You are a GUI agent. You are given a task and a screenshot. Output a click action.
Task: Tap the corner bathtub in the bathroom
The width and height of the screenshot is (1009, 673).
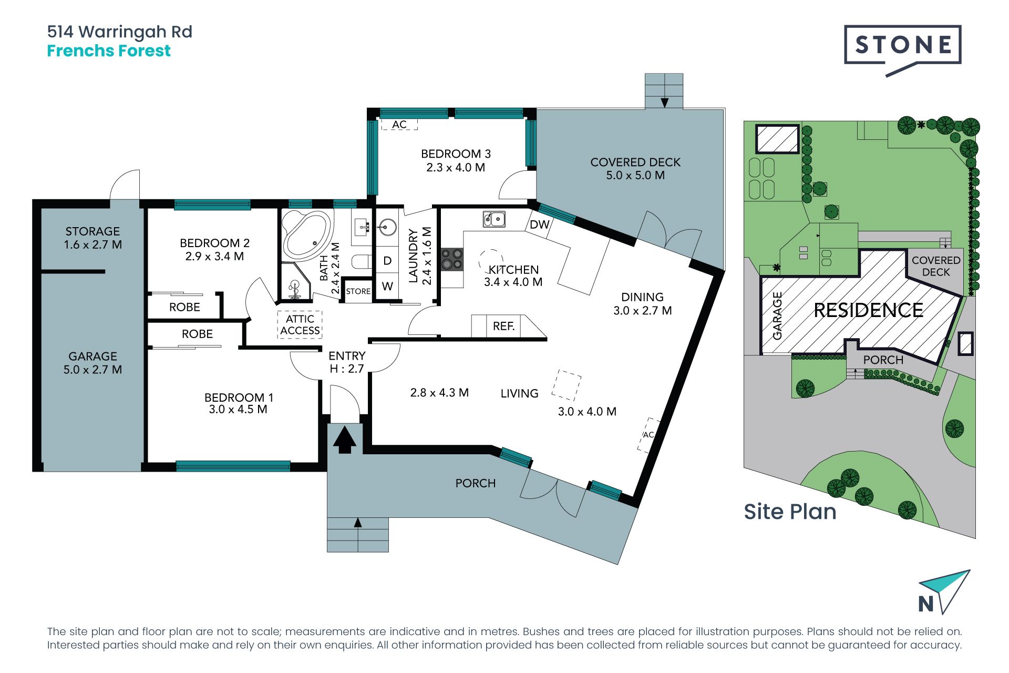(x=307, y=236)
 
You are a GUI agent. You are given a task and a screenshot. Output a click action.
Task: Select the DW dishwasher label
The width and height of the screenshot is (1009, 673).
(x=539, y=225)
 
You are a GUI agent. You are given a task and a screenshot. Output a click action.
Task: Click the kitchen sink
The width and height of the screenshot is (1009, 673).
(x=494, y=219)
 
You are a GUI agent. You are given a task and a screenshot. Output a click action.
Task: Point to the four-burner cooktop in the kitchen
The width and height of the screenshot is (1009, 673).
(x=451, y=259)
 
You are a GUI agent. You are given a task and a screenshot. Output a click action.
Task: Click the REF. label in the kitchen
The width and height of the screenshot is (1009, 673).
(x=503, y=326)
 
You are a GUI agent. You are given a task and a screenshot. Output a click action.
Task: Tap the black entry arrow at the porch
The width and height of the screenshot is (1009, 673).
(x=345, y=440)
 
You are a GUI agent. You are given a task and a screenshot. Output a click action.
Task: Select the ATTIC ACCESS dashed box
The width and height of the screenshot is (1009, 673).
(x=300, y=324)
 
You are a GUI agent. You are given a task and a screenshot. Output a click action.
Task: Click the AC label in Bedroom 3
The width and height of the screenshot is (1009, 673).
(x=399, y=124)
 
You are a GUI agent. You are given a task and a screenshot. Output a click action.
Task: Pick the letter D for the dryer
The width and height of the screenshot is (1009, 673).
(x=387, y=261)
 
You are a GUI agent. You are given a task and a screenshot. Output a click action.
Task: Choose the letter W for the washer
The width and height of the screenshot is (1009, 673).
(x=387, y=287)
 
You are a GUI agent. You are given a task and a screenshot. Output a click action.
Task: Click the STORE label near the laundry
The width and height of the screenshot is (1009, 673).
(x=358, y=291)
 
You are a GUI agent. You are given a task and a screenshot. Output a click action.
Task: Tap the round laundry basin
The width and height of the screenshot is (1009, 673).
(x=387, y=227)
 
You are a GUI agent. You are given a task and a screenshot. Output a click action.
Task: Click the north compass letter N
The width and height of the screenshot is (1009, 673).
(x=926, y=604)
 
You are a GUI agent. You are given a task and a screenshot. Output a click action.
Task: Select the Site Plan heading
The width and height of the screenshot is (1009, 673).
(x=790, y=512)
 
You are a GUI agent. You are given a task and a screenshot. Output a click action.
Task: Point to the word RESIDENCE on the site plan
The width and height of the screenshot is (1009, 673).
(x=868, y=310)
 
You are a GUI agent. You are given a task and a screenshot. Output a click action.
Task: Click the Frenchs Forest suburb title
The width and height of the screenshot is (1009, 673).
(x=109, y=51)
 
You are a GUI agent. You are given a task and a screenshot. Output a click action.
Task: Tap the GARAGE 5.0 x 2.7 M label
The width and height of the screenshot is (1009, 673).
(x=92, y=363)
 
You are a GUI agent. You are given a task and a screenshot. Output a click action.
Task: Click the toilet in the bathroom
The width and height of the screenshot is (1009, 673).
(x=362, y=261)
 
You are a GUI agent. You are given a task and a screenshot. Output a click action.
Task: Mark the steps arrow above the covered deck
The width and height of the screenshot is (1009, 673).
(x=664, y=103)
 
